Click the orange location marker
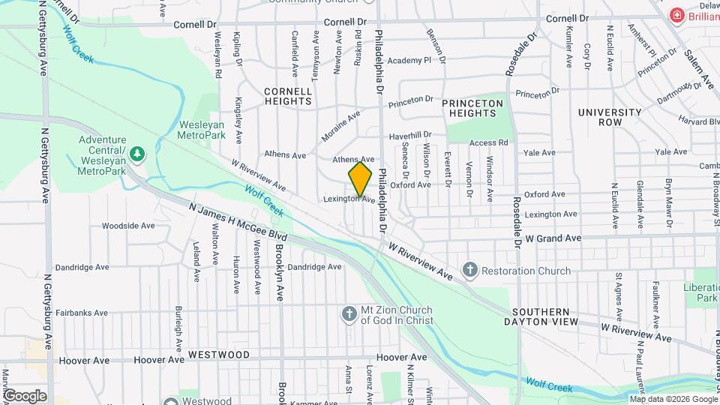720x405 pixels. click(x=360, y=178)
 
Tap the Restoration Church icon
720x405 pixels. click(x=470, y=269)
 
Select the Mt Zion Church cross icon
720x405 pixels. click(x=349, y=314)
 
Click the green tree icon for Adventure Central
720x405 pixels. click(x=136, y=154)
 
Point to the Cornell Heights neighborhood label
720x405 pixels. click(x=288, y=96)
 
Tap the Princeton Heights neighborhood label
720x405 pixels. click(x=472, y=107)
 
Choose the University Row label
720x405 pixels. click(x=610, y=117)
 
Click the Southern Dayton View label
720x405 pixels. click(x=545, y=316)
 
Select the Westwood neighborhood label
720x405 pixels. click(x=218, y=353)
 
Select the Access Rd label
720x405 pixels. click(x=489, y=142)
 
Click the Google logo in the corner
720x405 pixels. click(x=24, y=395)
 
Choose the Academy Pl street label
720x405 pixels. click(x=409, y=61)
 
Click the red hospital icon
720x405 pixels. click(x=677, y=16)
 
